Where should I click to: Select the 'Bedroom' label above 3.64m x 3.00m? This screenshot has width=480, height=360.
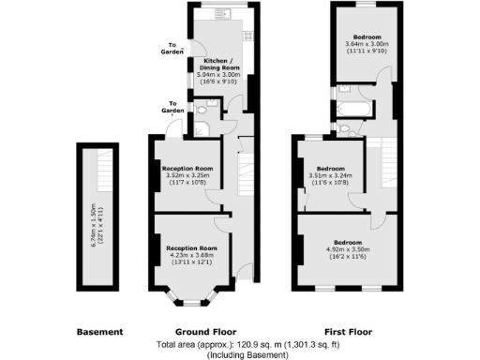click(367, 37)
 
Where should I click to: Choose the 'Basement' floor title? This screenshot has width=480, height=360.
click(98, 332)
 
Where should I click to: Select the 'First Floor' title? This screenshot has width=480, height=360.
click(347, 332)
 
